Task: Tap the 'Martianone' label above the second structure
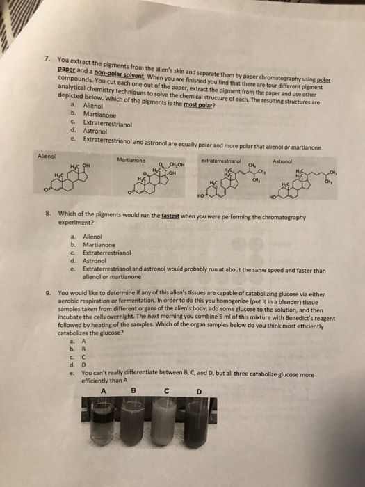pyautogui.click(x=135, y=161)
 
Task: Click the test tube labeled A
pyautogui.click(x=109, y=428)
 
